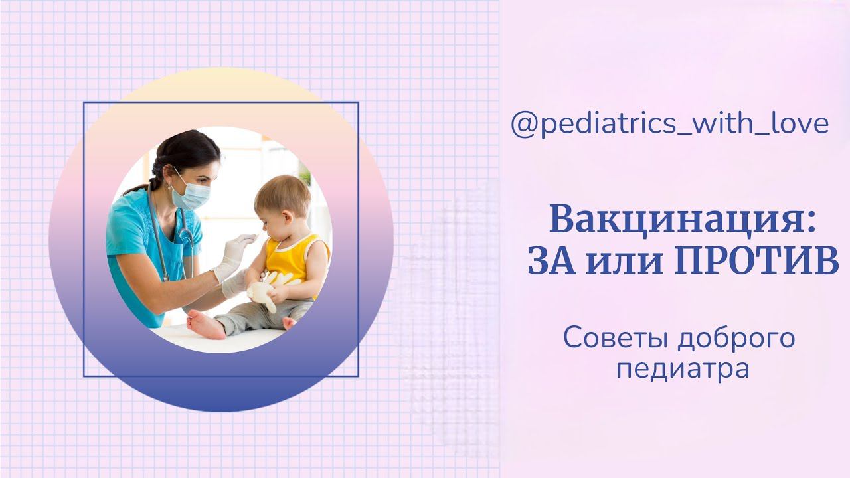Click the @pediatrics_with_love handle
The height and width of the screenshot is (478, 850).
coord(669,125)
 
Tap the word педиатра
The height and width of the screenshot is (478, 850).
coord(683,369)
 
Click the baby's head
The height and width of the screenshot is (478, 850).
coord(282,199)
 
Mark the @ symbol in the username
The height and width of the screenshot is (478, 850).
coord(523,125)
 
